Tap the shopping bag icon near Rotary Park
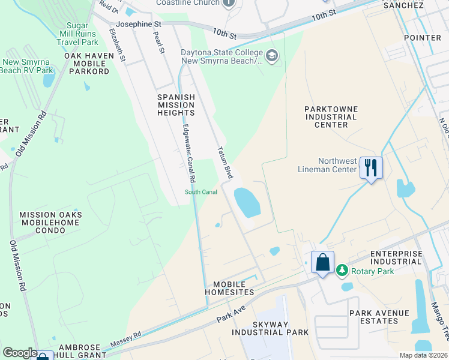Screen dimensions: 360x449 point(322,262)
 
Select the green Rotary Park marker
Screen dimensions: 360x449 point(342,271)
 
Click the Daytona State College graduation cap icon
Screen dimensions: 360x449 point(272,56)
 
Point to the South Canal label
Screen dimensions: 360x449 point(200,192)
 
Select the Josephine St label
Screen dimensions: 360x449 point(139,24)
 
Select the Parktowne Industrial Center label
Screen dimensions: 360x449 point(327,116)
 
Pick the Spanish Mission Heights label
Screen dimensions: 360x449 point(176,104)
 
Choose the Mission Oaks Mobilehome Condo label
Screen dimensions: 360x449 point(50,222)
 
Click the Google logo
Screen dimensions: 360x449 point(20,353)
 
